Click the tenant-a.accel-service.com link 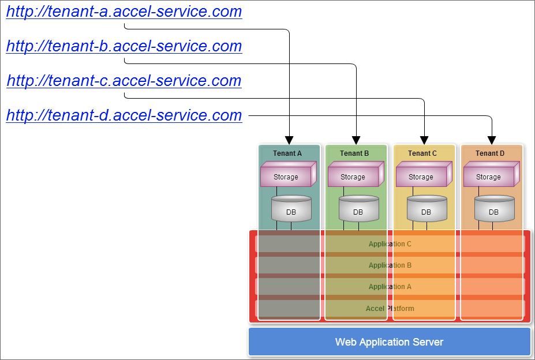point(124,12)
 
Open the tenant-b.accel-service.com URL point(124,46)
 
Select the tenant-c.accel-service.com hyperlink point(124,81)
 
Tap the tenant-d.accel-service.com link point(124,115)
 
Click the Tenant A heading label point(287,153)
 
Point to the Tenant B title point(354,153)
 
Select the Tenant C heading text point(422,153)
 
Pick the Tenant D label point(490,153)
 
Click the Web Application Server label point(389,342)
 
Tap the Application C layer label point(390,244)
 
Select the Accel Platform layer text point(390,309)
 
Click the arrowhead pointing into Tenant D point(492,140)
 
